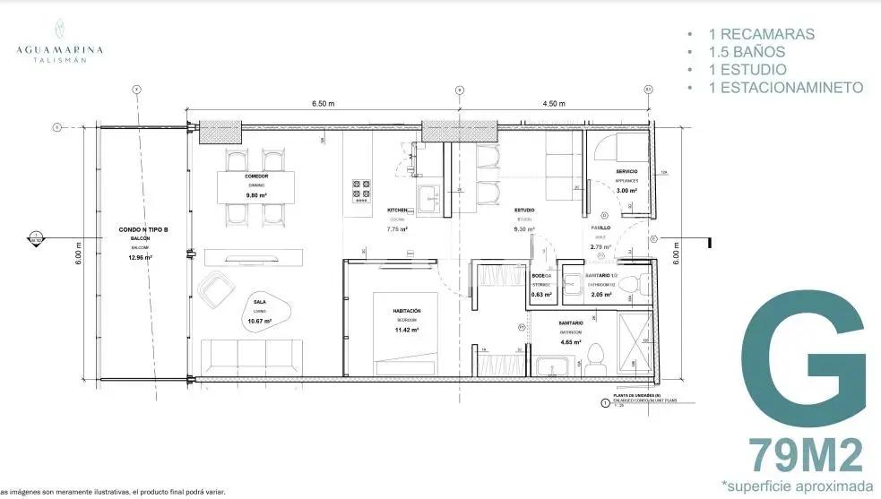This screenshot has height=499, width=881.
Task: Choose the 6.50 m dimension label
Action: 324,104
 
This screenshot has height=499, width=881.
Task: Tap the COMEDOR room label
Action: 256,176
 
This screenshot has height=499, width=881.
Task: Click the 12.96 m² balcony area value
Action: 140,257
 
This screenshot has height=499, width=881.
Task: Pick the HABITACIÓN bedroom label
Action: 407,311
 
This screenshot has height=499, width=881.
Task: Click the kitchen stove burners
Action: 363,190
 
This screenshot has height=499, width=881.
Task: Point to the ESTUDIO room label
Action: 524,211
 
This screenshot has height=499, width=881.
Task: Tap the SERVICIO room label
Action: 626,170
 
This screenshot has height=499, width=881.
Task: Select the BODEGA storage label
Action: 540,276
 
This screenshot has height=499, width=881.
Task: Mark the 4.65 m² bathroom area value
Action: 570,342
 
